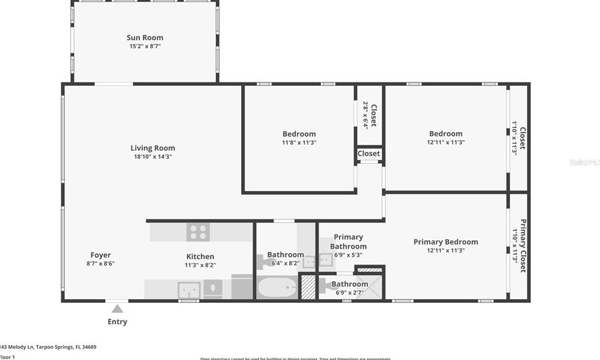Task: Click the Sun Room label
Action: coord(145,38)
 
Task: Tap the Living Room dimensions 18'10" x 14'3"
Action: coord(153,157)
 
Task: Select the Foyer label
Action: coord(100,255)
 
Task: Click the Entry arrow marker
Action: coord(117,309)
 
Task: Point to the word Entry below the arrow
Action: coord(117,322)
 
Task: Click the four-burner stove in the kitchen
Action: coord(198,232)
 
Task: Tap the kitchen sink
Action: coord(189,290)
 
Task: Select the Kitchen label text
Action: coord(200,257)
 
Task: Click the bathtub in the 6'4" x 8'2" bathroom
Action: coord(277,287)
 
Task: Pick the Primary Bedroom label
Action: coord(445,242)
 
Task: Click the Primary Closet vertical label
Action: coord(522,245)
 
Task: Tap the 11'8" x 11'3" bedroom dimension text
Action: coord(299,143)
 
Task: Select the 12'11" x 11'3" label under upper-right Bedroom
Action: coord(445,143)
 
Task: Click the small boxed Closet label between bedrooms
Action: coord(369,153)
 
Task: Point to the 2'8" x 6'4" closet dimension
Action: coord(365,115)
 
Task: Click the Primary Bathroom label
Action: coord(348,242)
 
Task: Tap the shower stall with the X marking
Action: coord(369,287)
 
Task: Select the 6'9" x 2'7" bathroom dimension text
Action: coord(349,293)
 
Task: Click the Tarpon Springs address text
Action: coord(48,347)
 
